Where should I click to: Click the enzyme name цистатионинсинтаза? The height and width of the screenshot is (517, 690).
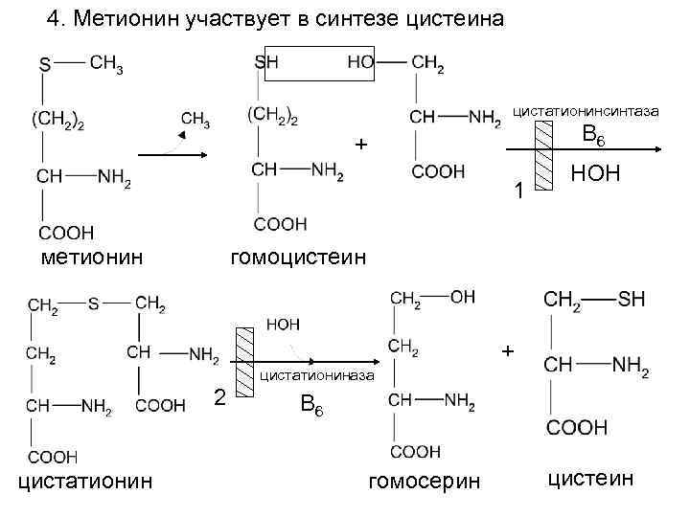click(x=586, y=112)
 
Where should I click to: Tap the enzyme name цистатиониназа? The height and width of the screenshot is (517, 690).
click(x=316, y=375)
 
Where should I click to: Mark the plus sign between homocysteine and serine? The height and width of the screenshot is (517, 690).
click(x=360, y=145)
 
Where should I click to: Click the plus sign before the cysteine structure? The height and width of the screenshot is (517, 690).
click(x=508, y=351)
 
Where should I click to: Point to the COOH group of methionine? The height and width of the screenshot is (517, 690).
click(x=66, y=232)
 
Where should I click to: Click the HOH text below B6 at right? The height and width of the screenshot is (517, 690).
click(x=595, y=174)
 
